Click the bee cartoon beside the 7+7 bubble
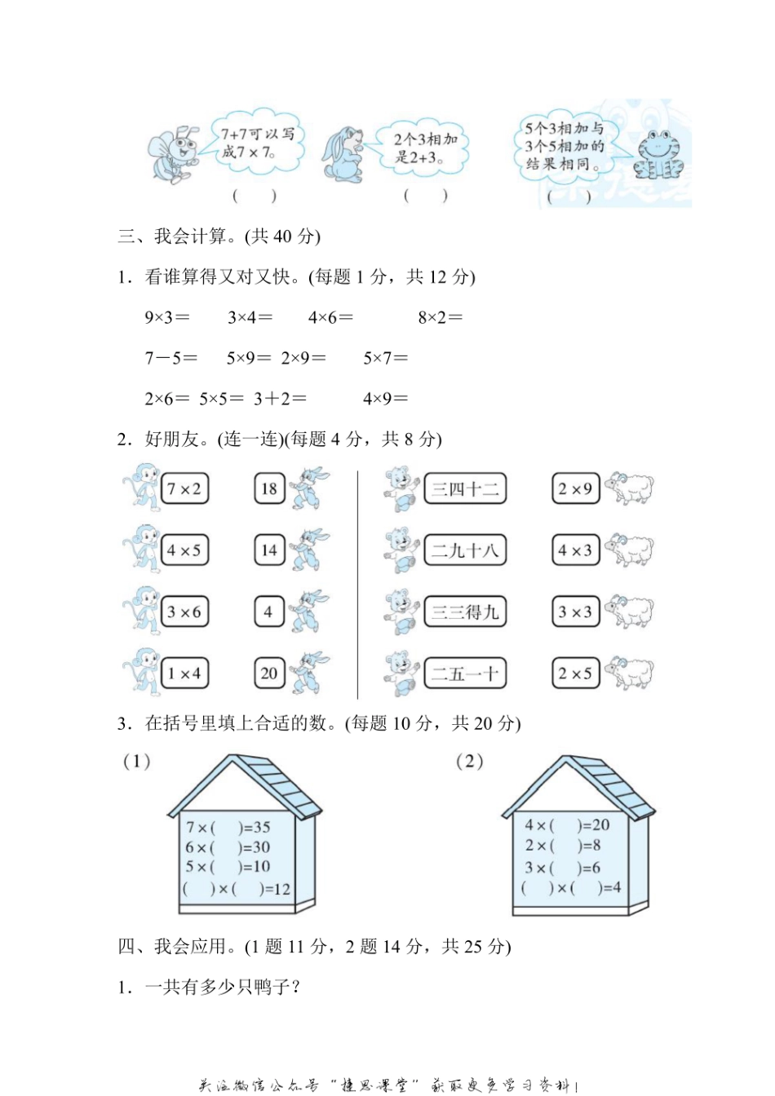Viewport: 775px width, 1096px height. coord(173,153)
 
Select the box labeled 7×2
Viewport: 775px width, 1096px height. coord(184,489)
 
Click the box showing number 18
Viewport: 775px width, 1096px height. coord(269,489)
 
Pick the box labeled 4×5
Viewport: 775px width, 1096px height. coord(184,550)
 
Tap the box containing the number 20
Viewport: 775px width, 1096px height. coord(269,674)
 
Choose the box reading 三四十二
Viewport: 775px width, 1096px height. coord(465,489)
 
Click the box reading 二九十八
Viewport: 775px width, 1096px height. coord(465,550)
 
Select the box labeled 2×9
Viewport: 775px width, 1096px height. coord(575,489)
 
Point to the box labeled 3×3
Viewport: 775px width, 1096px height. coord(575,612)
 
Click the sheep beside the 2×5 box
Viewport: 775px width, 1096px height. coord(629,674)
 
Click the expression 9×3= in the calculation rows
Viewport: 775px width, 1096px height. coord(167,317)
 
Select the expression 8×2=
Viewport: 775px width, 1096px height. coord(440,317)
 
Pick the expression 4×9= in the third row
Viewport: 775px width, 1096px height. coord(385,399)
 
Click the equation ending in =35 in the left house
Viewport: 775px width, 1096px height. coord(228,828)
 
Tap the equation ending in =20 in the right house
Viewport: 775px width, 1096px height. coord(567,825)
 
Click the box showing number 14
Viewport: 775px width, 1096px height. coord(269,550)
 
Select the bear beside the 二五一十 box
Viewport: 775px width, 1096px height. coord(402,674)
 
